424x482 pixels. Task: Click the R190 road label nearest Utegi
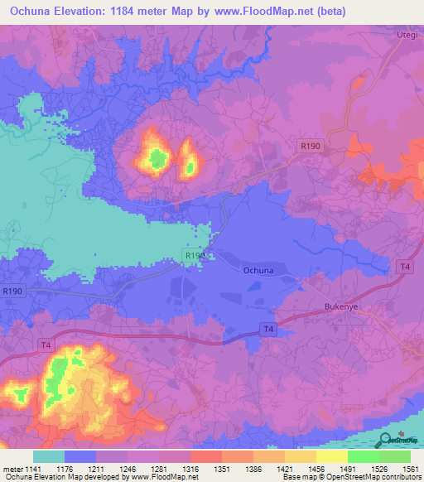pyautogui.click(x=310, y=147)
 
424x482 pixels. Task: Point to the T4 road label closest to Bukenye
pyautogui.click(x=404, y=266)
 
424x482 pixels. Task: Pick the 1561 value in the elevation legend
pyautogui.click(x=409, y=469)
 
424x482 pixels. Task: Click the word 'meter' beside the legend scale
pyautogui.click(x=13, y=469)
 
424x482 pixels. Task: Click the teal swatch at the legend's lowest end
pyautogui.click(x=48, y=456)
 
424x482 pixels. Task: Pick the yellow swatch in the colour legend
pyautogui.click(x=331, y=456)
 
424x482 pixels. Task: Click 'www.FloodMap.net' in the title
pyautogui.click(x=261, y=11)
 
